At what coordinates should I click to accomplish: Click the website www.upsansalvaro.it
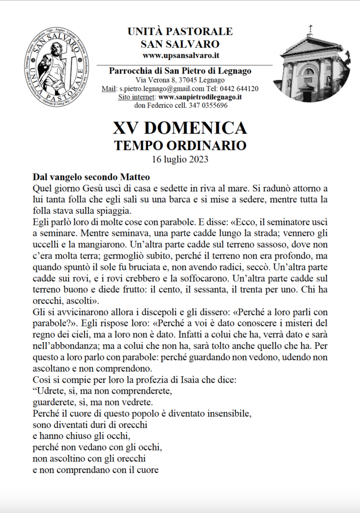click(x=180, y=55)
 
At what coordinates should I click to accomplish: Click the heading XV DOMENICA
click(x=180, y=129)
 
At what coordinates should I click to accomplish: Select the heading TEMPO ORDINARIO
click(x=180, y=146)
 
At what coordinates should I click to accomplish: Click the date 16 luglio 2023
click(x=180, y=160)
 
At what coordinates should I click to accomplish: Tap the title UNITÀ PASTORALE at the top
click(x=180, y=32)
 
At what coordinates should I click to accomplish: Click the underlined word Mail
click(x=109, y=89)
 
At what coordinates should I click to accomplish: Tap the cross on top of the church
click(x=310, y=29)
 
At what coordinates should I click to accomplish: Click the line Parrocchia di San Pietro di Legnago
click(x=180, y=71)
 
